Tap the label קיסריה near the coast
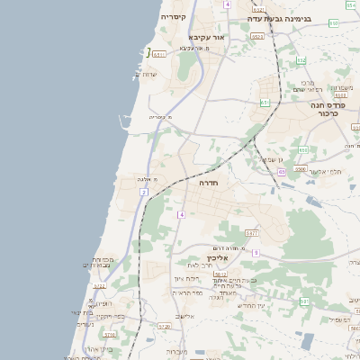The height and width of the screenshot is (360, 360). tap(173, 17)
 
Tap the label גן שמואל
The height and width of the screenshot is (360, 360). tap(273, 160)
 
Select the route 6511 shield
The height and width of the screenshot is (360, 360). tap(159, 54)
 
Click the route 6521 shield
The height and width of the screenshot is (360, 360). tap(258, 37)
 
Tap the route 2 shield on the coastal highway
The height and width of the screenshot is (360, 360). tap(143, 193)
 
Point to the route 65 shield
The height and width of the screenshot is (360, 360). tap(281, 172)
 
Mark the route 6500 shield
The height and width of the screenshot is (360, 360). tap(301, 168)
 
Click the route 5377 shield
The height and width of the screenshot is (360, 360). tap(252, 232)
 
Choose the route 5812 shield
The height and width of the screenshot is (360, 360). tap(220, 273)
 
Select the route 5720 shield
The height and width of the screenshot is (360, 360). tap(163, 326)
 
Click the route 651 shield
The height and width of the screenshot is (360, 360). tap(265, 103)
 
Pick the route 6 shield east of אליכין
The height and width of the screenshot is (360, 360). tap(256, 253)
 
